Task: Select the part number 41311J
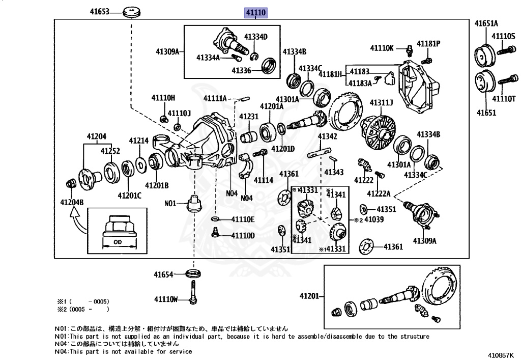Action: [381, 103]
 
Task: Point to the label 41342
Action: [328, 136]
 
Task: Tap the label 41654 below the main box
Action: [164, 274]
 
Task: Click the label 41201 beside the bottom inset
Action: [309, 296]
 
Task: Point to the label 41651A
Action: [486, 23]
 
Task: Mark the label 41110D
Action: [243, 236]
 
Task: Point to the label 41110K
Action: [382, 48]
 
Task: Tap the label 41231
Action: [249, 117]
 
